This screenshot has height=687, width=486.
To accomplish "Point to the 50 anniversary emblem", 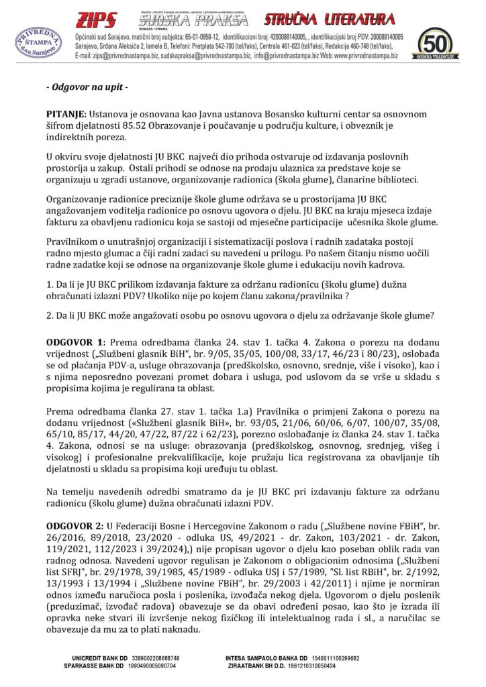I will [x=436, y=44].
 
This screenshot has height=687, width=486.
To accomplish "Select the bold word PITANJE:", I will [x=66, y=116].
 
